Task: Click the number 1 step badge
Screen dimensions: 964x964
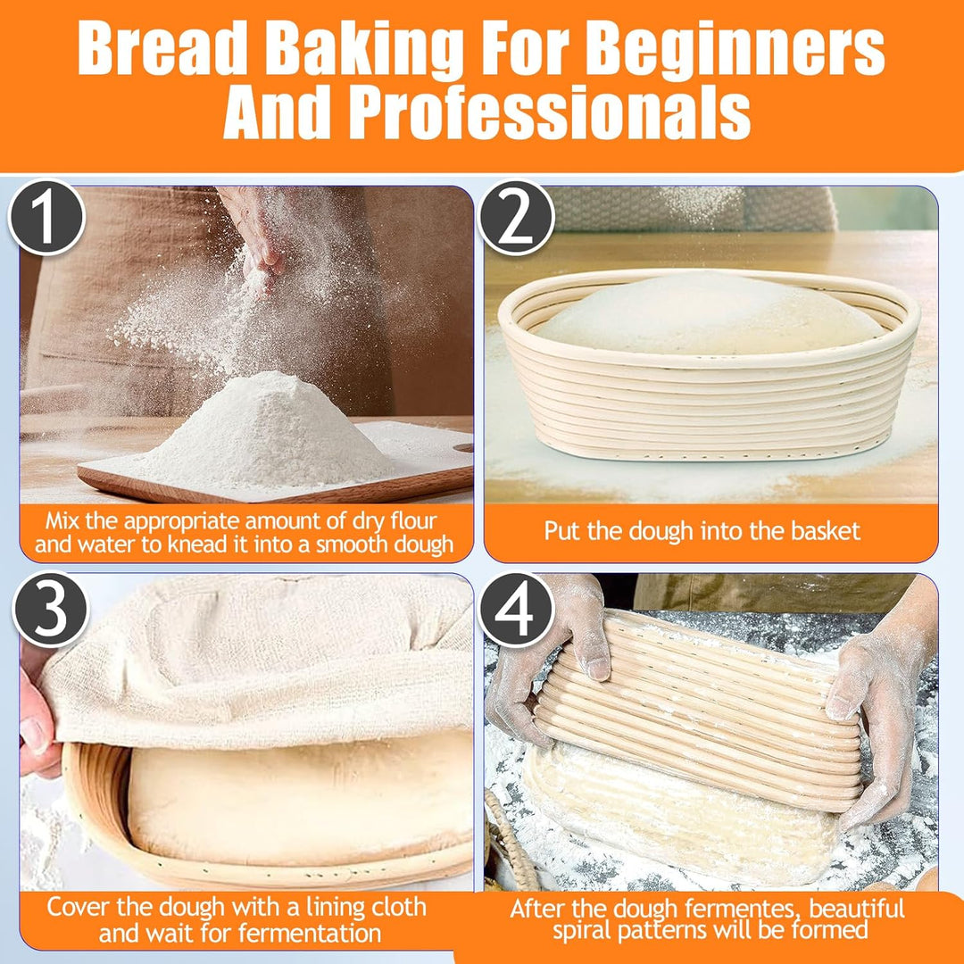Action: pos(46,217)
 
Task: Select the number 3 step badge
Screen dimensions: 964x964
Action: pos(51,609)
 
